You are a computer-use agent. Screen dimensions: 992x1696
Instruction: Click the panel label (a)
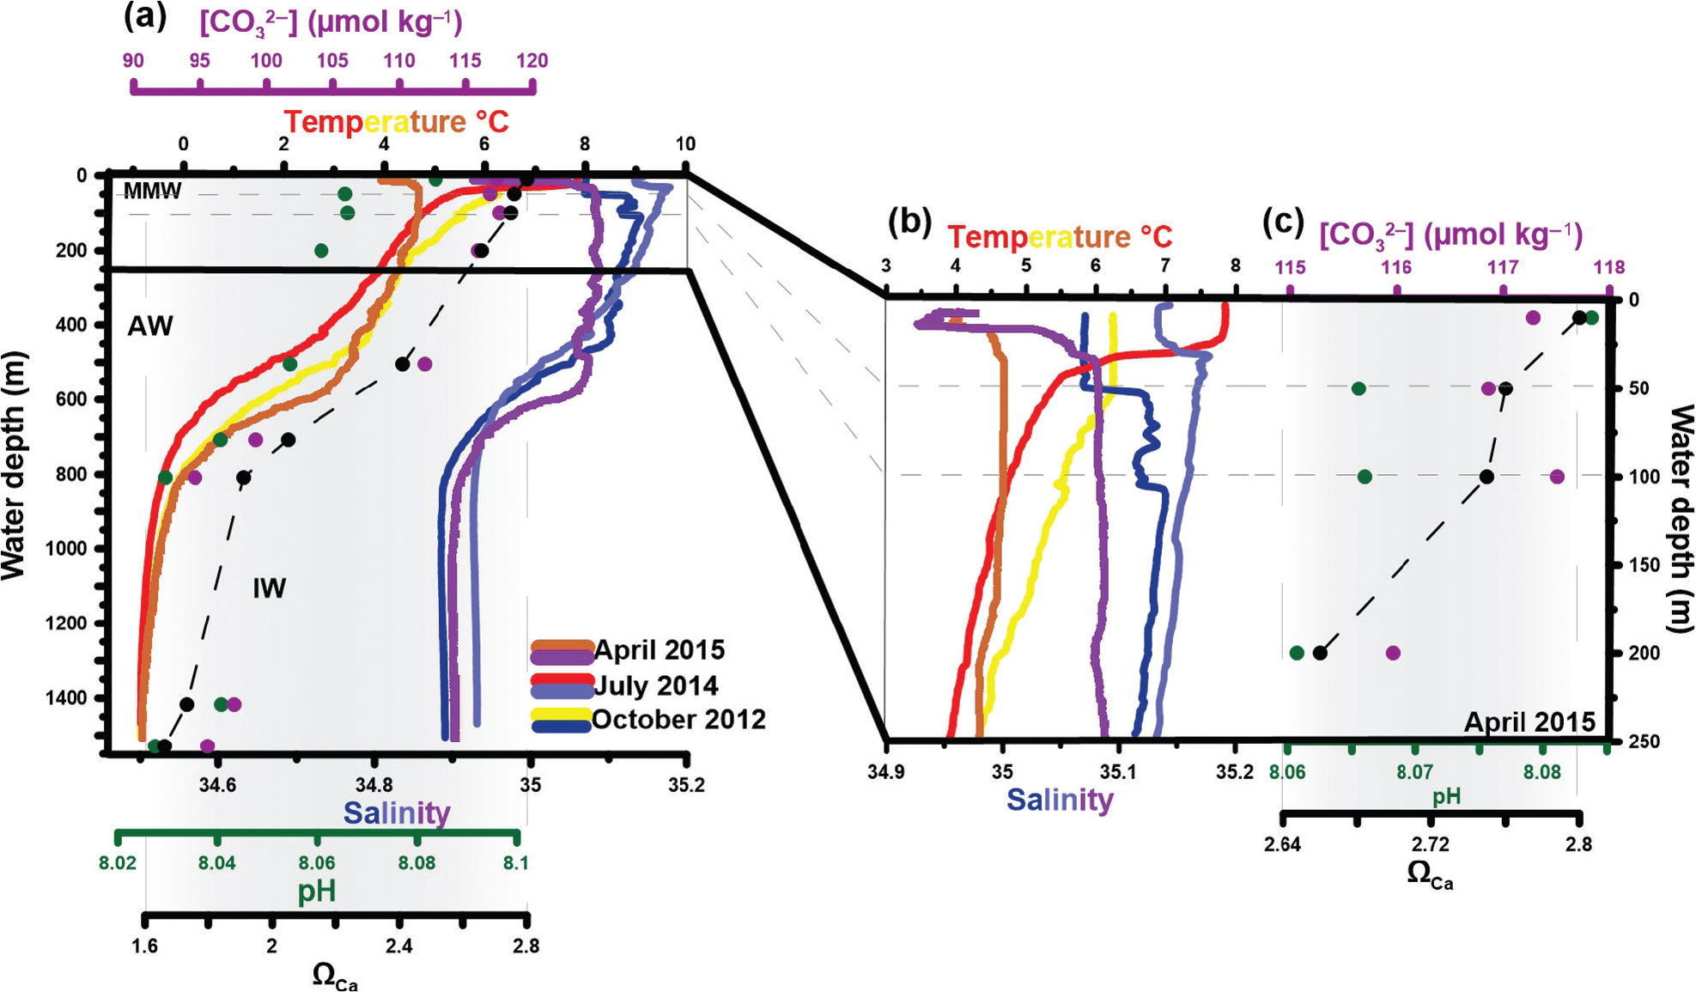tap(145, 16)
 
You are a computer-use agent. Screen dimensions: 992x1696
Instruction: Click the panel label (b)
tap(909, 222)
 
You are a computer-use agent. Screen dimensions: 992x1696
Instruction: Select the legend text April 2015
tap(659, 650)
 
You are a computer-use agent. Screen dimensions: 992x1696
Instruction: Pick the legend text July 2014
tap(656, 685)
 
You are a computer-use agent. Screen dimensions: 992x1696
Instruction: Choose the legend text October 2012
tap(678, 720)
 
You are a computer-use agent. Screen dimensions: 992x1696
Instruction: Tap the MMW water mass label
tap(152, 191)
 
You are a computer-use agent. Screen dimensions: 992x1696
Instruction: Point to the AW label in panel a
tap(150, 326)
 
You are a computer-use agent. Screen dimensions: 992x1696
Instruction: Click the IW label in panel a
tap(269, 588)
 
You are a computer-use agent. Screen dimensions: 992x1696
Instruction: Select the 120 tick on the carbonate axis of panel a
tap(532, 61)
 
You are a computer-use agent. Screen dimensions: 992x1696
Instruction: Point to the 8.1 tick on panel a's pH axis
tap(515, 863)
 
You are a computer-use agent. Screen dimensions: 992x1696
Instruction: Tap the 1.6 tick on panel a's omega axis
tap(144, 946)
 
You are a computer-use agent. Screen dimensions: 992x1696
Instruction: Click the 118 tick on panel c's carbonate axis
tap(1608, 268)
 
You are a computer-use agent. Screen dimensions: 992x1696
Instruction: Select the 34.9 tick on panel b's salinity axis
tap(885, 772)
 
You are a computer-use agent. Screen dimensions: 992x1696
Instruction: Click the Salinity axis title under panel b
tap(1060, 800)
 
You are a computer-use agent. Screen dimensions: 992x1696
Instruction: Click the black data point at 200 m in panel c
tap(1320, 654)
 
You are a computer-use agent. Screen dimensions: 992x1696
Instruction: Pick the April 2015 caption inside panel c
tap(1529, 721)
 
